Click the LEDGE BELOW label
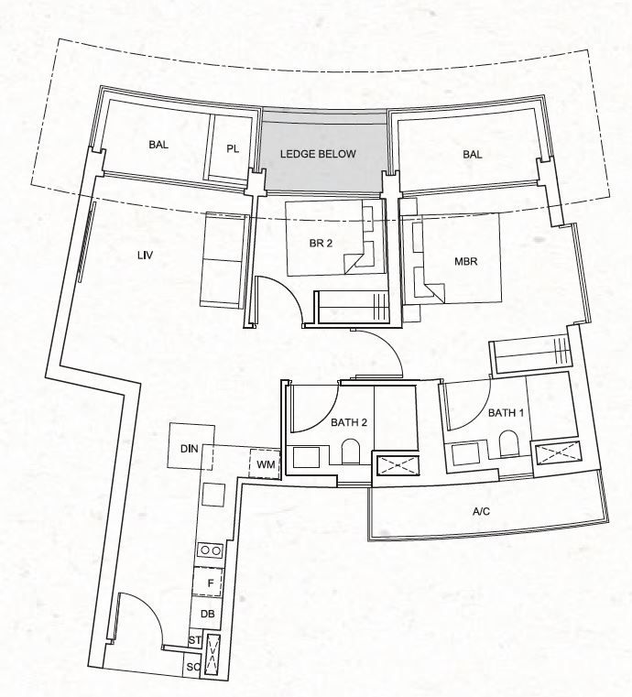point(318,154)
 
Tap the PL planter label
point(233,149)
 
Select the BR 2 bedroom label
point(321,244)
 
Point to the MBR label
point(466,261)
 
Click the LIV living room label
point(146,256)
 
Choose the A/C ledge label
point(482,512)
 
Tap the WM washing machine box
point(265,464)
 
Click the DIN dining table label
point(190,449)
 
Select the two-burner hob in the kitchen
point(211,550)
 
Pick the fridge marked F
point(208,583)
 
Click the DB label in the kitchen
point(208,614)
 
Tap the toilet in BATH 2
point(350,452)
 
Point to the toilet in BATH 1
point(509,443)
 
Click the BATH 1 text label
point(506,413)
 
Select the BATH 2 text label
point(349,422)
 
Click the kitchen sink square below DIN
point(213,495)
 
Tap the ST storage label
point(195,640)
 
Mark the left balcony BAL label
point(158,145)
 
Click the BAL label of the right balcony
point(472,154)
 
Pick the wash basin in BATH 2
point(306,457)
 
